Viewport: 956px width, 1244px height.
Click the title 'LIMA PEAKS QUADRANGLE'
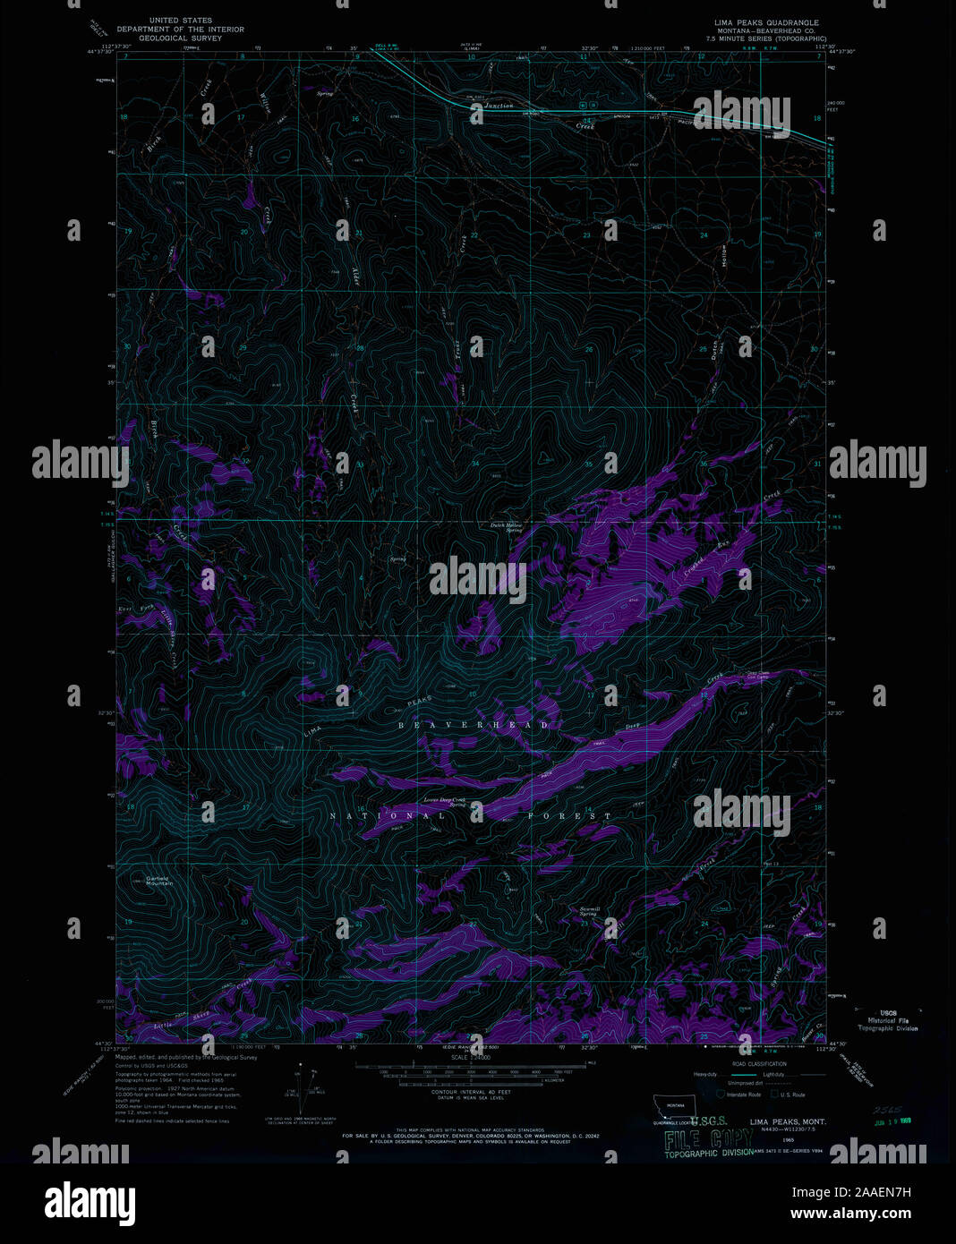click(766, 22)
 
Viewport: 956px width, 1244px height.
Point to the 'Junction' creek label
click(499, 107)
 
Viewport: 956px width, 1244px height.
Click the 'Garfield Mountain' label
click(160, 881)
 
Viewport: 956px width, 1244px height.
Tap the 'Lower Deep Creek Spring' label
click(445, 801)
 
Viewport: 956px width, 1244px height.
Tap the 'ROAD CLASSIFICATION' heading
click(759, 1064)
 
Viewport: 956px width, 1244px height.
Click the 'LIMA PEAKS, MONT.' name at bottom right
click(788, 1121)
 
